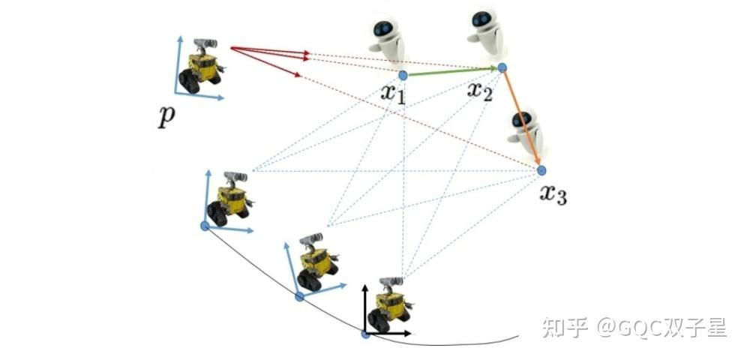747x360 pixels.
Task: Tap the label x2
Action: [479, 92]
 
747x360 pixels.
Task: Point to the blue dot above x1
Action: [403, 75]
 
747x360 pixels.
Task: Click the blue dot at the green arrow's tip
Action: [502, 67]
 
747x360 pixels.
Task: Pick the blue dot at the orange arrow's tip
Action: [541, 170]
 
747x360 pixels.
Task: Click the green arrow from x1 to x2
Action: [450, 71]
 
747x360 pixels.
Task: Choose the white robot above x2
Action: [486, 34]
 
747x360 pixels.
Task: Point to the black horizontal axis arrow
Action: [390, 332]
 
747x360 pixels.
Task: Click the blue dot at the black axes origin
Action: [366, 333]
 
